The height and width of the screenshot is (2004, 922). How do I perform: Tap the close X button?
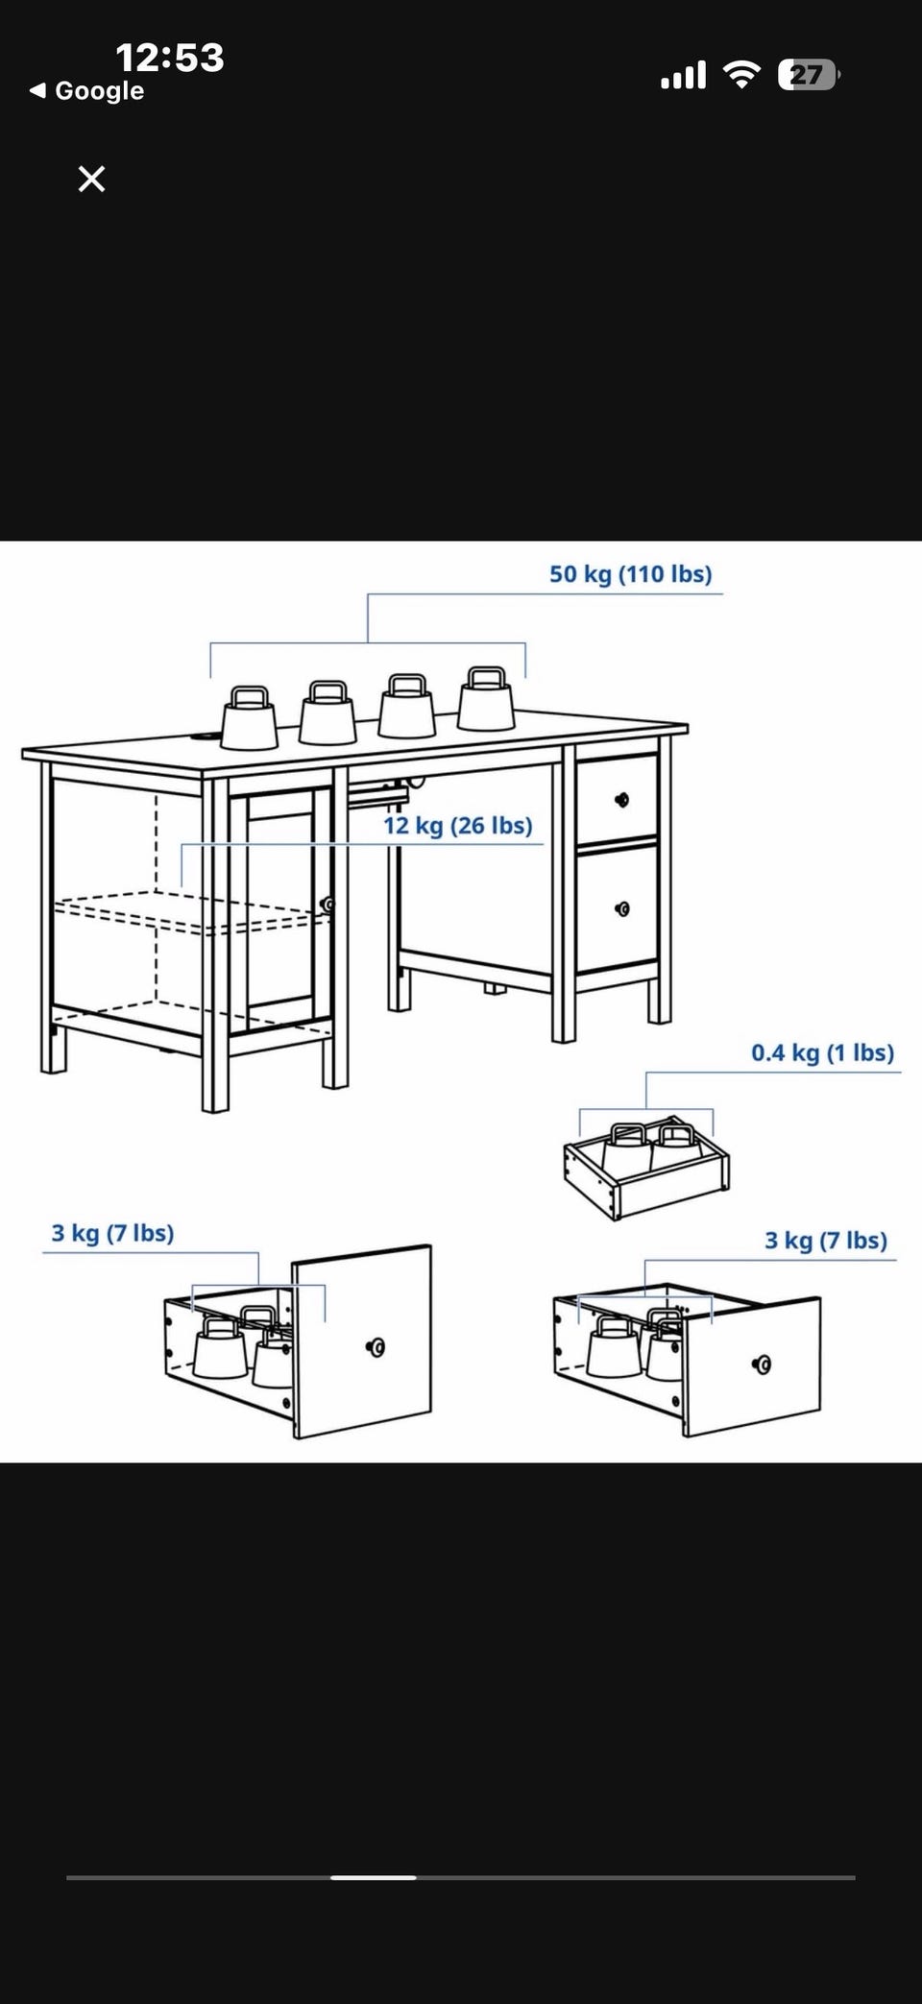tap(91, 179)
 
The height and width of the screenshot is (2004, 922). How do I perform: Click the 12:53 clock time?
tap(170, 58)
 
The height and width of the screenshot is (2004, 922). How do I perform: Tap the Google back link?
tap(87, 91)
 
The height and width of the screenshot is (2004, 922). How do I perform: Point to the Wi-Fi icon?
tap(740, 74)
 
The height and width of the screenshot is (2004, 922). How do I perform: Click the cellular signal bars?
tap(683, 75)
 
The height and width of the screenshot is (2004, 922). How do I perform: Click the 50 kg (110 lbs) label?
tap(631, 574)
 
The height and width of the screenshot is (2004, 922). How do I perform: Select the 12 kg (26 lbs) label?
tap(458, 826)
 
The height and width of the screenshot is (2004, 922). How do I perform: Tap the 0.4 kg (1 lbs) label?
tap(823, 1052)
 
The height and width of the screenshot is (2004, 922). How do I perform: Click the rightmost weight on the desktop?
tap(486, 698)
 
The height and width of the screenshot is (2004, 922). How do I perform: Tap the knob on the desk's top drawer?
tap(621, 800)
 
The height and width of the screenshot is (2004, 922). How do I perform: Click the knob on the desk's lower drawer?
tap(622, 908)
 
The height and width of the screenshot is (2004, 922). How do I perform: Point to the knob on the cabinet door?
tap(328, 905)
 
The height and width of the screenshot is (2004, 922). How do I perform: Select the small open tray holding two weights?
tap(646, 1167)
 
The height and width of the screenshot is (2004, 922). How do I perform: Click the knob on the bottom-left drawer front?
tap(376, 1347)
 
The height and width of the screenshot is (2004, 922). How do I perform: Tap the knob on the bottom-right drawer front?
tap(763, 1364)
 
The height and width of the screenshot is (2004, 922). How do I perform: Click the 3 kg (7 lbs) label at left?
tap(113, 1233)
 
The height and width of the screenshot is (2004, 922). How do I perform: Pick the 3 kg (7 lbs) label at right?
tap(826, 1241)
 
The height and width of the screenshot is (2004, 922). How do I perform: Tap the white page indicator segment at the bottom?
tap(374, 1877)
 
